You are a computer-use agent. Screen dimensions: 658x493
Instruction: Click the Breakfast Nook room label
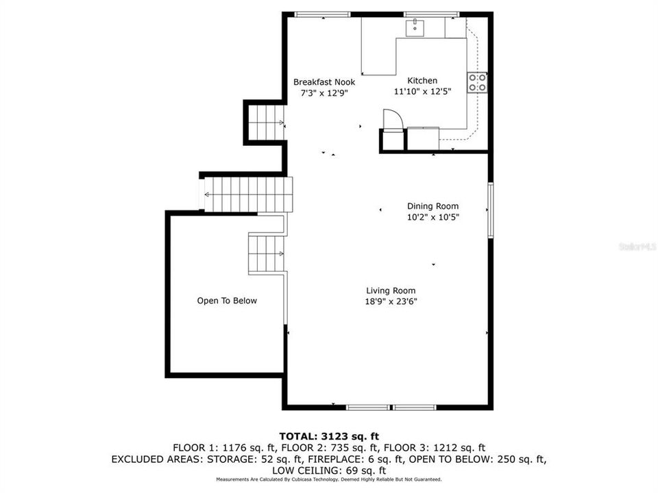(x=324, y=82)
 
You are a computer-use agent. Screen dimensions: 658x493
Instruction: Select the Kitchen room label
(x=422, y=81)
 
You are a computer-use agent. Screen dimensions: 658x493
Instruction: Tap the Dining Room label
(x=432, y=206)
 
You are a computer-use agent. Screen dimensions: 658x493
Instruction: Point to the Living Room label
(x=391, y=290)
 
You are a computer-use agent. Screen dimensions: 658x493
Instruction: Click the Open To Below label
(x=227, y=301)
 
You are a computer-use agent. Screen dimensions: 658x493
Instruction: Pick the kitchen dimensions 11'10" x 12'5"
(x=423, y=91)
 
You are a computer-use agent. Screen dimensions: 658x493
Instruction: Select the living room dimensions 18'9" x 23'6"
(x=391, y=301)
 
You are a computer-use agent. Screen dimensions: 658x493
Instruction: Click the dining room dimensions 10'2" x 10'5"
(x=433, y=217)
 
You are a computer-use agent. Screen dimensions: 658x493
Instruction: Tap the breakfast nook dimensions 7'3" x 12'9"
(x=324, y=93)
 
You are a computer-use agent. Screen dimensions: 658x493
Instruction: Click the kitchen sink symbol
(x=415, y=27)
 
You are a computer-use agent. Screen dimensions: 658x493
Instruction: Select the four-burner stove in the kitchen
(x=478, y=83)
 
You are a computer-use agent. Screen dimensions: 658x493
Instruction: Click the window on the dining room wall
(x=490, y=210)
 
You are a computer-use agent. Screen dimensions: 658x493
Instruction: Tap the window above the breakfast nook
(x=322, y=14)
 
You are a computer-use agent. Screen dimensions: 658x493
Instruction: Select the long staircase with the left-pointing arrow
(x=248, y=194)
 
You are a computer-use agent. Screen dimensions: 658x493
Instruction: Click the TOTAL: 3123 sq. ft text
(x=330, y=436)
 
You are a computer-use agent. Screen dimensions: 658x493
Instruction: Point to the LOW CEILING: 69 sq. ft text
(x=329, y=470)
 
